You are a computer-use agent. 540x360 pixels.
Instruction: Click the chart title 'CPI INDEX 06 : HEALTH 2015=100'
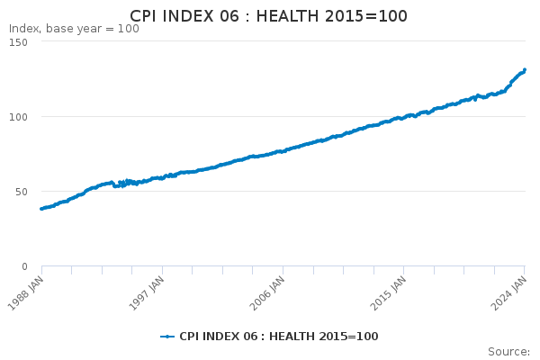(x=268, y=16)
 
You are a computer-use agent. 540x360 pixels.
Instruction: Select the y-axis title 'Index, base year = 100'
(x=74, y=29)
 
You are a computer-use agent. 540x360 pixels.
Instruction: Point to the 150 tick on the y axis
(x=18, y=42)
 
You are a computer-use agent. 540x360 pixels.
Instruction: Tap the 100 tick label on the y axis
(x=18, y=117)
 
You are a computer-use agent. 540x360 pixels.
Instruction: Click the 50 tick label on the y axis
(x=21, y=192)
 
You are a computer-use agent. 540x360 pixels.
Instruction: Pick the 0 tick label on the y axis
(x=23, y=266)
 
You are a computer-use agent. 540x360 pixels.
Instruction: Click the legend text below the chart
(x=278, y=337)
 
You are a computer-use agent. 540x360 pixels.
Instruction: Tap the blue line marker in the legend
(x=167, y=337)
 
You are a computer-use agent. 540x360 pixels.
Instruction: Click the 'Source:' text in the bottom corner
(x=508, y=352)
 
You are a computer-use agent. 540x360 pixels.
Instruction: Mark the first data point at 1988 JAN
(x=41, y=209)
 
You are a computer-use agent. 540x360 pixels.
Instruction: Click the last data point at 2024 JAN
(x=525, y=70)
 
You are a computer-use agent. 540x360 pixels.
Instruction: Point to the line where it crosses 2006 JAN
(x=283, y=151)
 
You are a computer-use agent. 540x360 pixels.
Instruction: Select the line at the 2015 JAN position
(x=404, y=116)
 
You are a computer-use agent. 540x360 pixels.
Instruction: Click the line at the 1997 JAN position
(x=163, y=177)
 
